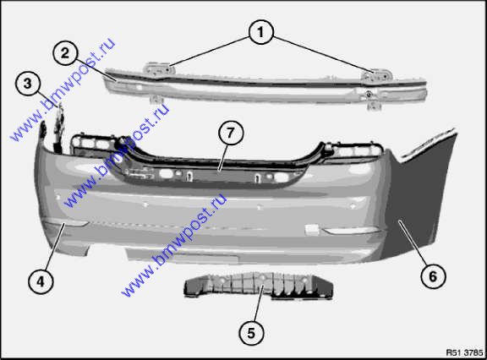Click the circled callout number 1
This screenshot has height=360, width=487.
(x=261, y=32)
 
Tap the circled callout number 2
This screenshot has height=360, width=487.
(x=65, y=53)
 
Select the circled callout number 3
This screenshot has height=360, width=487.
(x=28, y=84)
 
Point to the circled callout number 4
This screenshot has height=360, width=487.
(x=41, y=281)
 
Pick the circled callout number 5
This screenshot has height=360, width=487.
(x=251, y=333)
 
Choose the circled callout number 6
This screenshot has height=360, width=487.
(x=433, y=276)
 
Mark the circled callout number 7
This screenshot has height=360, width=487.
(x=230, y=133)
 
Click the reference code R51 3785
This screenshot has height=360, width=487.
(x=464, y=352)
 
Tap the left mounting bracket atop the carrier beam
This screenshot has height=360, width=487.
(x=158, y=69)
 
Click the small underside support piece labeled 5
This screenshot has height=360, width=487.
(x=259, y=286)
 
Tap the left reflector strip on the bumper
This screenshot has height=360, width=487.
(x=66, y=221)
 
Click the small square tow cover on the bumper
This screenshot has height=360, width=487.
(x=312, y=229)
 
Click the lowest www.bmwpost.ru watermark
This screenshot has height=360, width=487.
(x=174, y=244)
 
